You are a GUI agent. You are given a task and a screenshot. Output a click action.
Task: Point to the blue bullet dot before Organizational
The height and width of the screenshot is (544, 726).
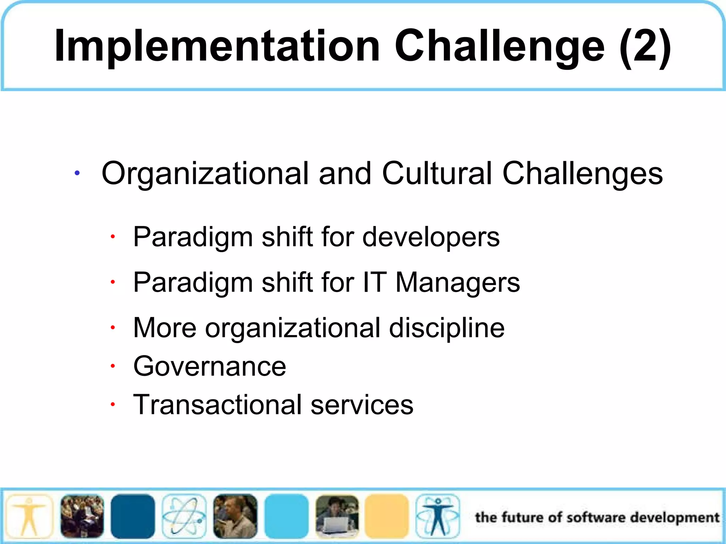point(77,173)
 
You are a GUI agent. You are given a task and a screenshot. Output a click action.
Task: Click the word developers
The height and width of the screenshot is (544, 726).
point(431,237)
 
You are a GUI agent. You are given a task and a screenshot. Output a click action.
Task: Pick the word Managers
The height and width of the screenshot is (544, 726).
point(457,283)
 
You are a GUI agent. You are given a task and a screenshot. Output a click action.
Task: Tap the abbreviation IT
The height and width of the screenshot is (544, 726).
point(374,283)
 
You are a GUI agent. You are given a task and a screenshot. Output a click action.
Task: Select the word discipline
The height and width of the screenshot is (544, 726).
point(447,328)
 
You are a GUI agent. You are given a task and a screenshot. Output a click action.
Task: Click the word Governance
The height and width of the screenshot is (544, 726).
point(210,366)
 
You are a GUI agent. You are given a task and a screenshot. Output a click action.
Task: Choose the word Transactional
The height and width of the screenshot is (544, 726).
point(217,404)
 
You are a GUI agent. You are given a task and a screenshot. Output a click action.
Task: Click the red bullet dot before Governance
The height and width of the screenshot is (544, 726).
point(112,366)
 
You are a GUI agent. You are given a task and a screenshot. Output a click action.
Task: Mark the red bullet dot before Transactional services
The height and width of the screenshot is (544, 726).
point(112,404)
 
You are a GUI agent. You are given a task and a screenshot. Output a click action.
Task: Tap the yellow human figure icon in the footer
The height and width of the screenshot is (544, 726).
point(29,516)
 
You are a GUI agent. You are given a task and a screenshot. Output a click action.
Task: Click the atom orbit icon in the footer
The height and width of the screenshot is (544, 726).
point(184,516)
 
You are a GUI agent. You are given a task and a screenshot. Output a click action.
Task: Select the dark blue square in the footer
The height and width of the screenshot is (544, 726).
point(133,516)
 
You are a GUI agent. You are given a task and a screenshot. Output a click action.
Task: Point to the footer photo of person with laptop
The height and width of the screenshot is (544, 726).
point(337,516)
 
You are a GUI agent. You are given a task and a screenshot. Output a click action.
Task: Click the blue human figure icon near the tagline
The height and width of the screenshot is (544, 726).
point(438,516)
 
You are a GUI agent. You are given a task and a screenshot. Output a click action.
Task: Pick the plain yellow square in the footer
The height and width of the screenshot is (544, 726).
point(387,516)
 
